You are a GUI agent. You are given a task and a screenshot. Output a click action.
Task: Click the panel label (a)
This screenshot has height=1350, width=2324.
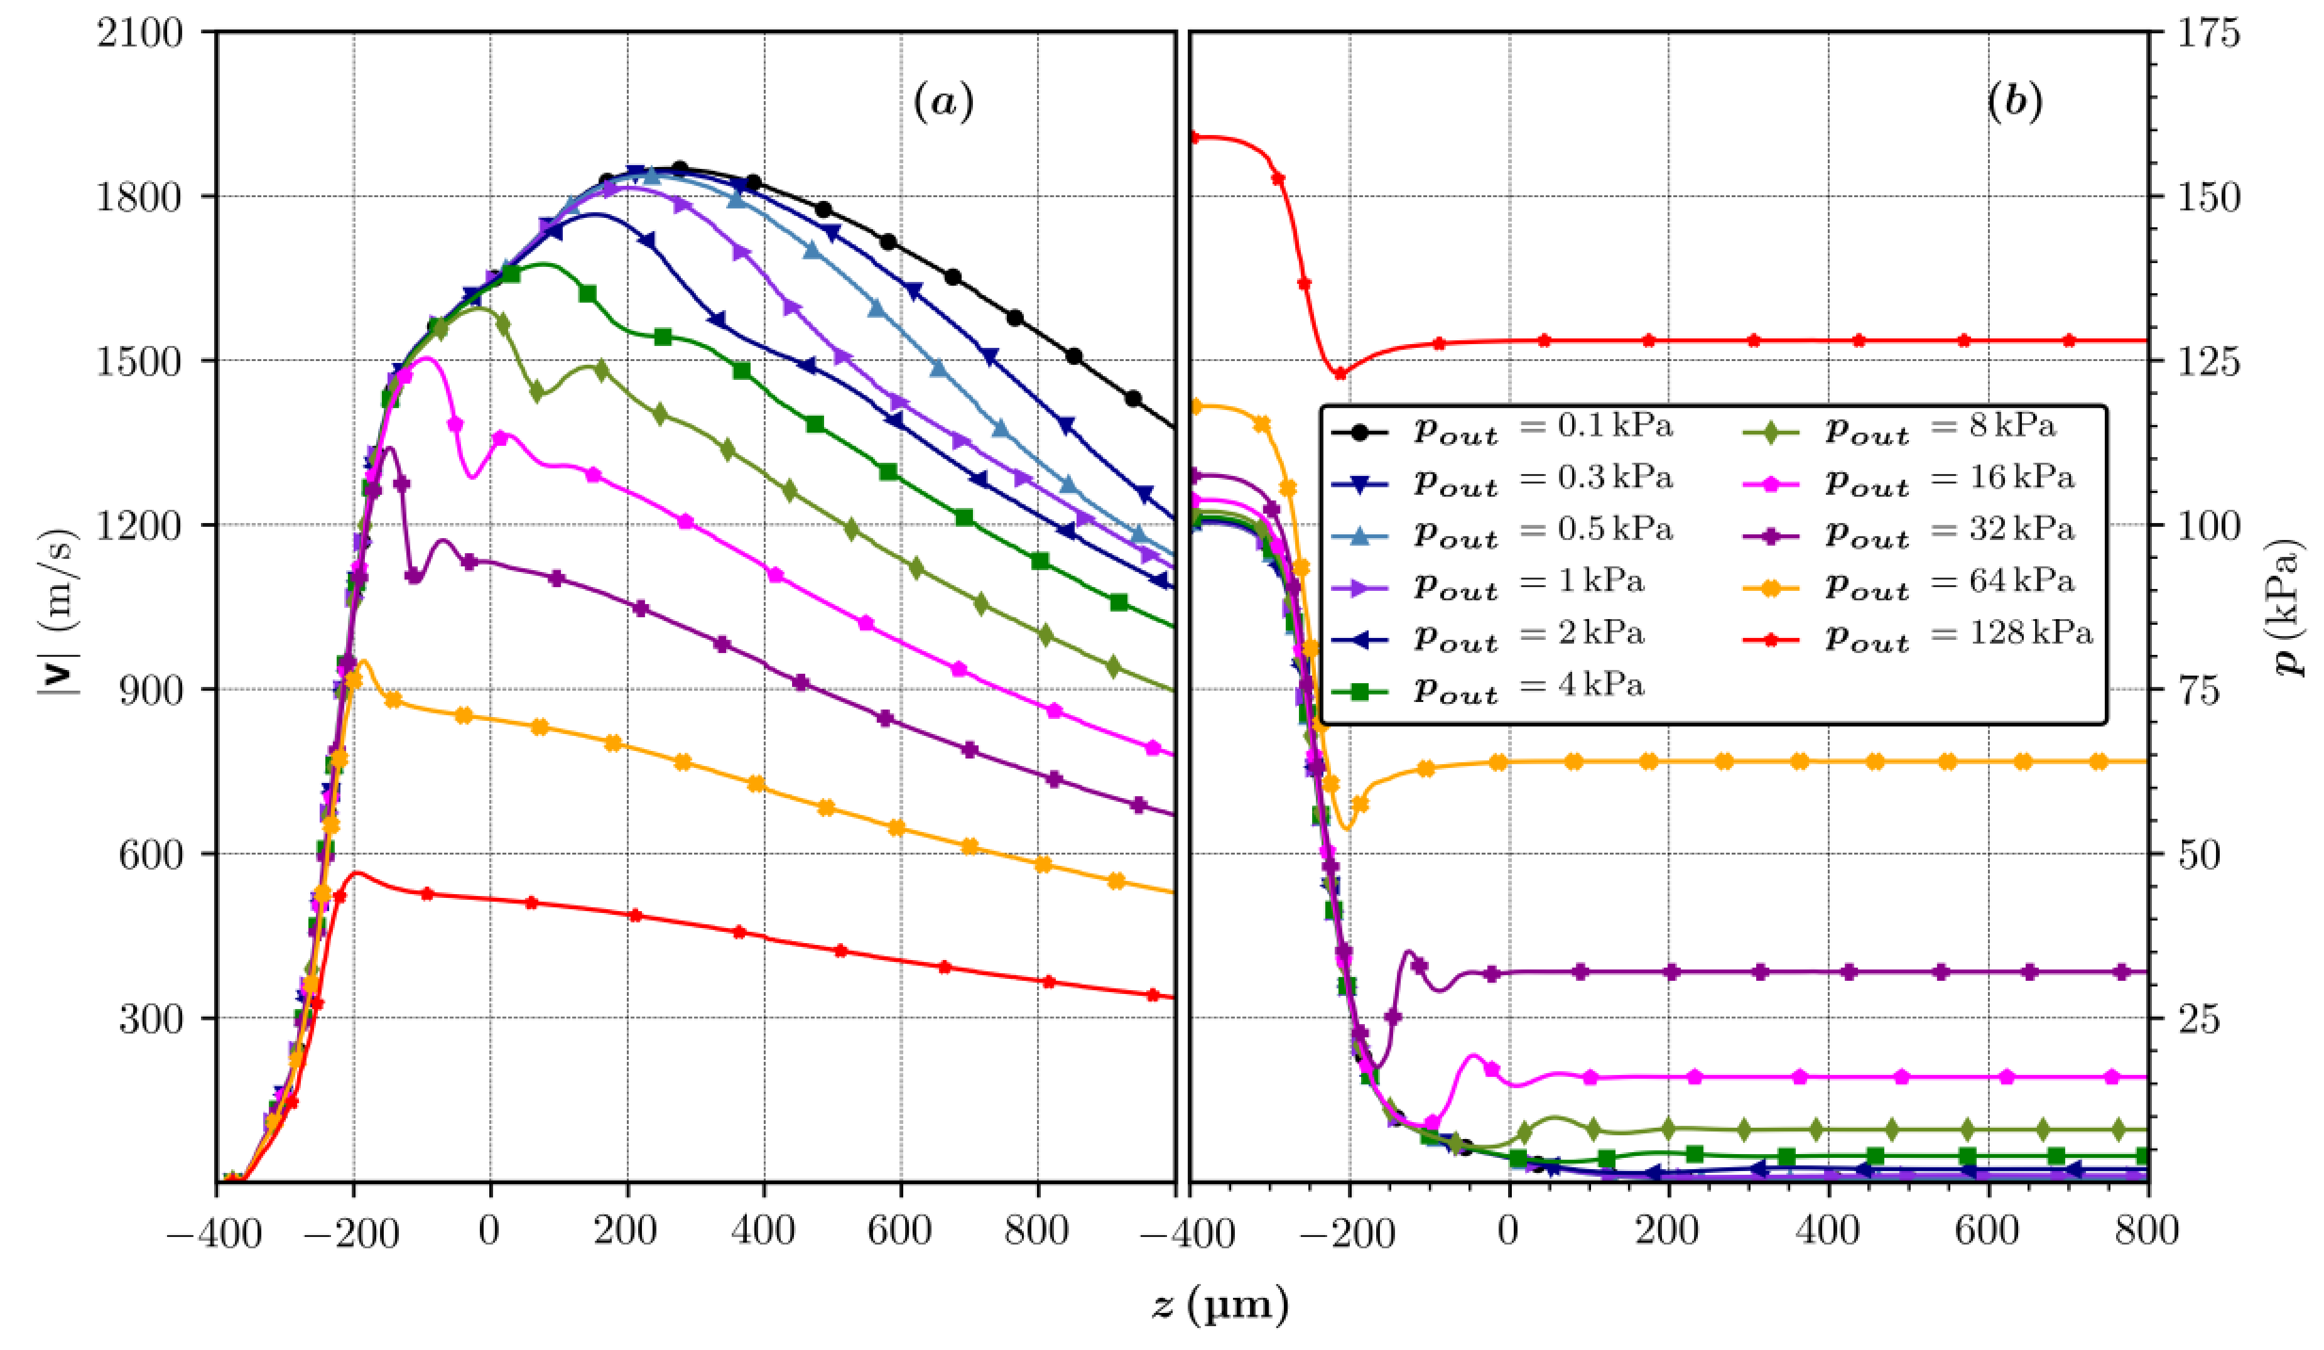point(943,102)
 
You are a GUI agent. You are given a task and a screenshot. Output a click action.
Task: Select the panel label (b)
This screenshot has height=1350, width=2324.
point(2014,102)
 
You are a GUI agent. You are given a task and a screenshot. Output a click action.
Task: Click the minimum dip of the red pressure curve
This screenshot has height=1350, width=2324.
point(1339,374)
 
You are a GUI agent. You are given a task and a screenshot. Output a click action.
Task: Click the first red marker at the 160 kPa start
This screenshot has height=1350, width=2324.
point(1193,138)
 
